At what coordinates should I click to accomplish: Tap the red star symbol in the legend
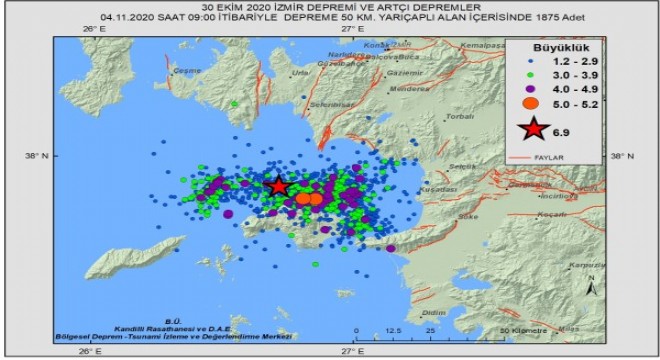coord(535,131)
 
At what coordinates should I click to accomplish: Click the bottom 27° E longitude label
coord(351,350)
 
